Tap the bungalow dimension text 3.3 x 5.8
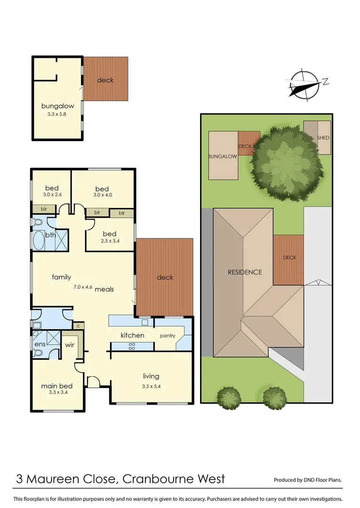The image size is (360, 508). pos(57,114)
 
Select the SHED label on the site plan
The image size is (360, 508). pos(323,138)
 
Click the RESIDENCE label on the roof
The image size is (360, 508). pos(245,272)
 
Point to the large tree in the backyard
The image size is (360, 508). pos(287,162)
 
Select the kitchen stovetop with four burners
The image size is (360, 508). pos(132,346)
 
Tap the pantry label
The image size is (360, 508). pos(168,336)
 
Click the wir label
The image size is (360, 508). pos(70,345)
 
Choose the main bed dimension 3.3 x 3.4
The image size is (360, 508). pos(58,392)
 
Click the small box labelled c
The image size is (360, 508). pos(78,325)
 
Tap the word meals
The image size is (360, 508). pos(104,289)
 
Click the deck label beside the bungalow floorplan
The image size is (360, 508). pos(105,80)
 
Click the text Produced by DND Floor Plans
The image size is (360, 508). pos(308,480)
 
